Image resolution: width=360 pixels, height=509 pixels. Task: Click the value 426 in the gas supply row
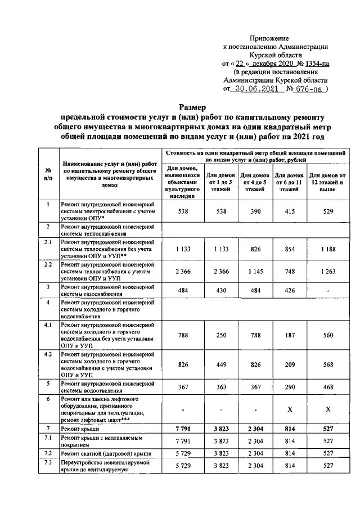[x=289, y=290]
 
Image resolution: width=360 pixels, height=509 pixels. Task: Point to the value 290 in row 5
[x=289, y=388]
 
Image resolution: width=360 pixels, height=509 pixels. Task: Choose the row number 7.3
[x=48, y=462]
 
